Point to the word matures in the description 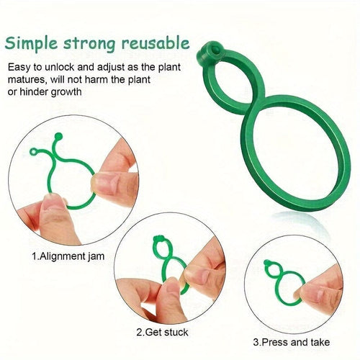coord(27,80)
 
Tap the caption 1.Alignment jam coord(67,255)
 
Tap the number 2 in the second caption coord(139,333)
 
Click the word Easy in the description coord(20,67)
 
